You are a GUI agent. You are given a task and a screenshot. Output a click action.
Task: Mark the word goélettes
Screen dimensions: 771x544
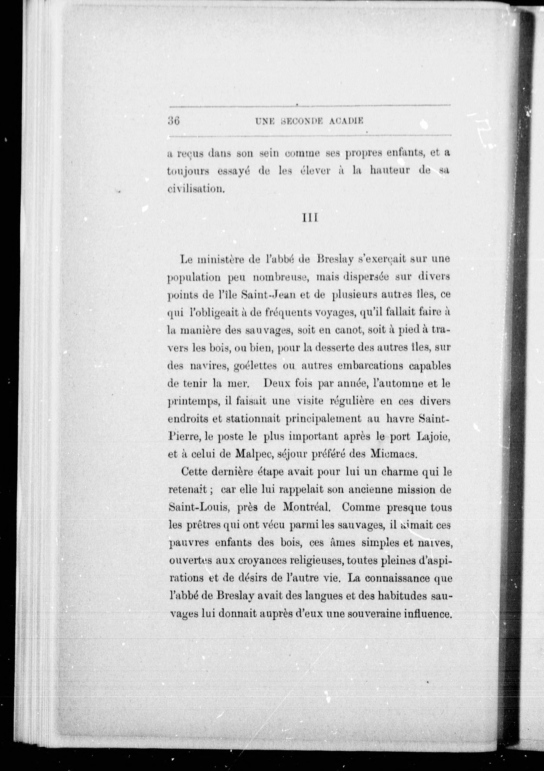(x=255, y=366)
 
